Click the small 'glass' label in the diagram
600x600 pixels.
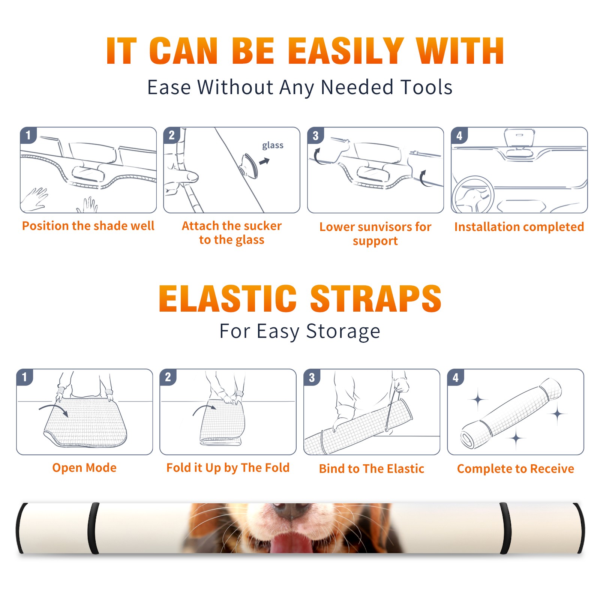coord(273,145)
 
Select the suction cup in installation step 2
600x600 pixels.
coord(249,165)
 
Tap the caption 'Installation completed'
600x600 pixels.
coord(519,227)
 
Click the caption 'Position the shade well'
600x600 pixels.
coord(88,226)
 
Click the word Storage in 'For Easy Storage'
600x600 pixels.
coord(343,331)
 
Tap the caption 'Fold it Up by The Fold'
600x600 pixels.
coord(228,468)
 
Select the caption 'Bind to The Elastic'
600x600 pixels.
coord(372,469)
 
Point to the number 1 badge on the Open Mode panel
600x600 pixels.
coord(25,377)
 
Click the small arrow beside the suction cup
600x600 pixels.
coord(264,161)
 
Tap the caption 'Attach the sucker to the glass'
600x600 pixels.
coord(232,232)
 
